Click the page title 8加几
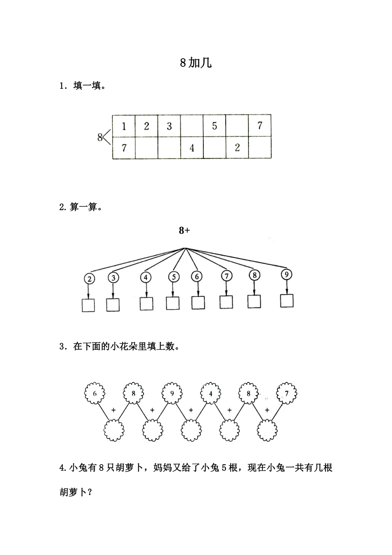coord(196,63)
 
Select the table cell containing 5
coord(215,126)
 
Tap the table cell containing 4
coord(192,148)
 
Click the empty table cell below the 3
coord(169,148)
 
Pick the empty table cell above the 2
coord(237,126)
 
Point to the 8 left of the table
coord(100,137)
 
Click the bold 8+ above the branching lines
coord(184,230)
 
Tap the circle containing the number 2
coord(89,279)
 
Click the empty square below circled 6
coord(198,303)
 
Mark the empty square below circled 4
coord(146,304)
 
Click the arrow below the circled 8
coord(255,287)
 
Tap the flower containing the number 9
coord(172,393)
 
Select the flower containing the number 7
coord(287,393)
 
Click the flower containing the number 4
coord(211,394)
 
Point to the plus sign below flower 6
coord(113,410)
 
